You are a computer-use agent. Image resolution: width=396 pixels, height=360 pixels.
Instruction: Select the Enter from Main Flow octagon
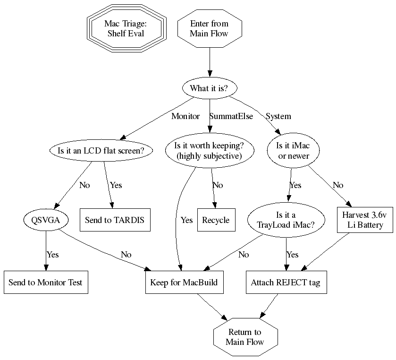(209, 28)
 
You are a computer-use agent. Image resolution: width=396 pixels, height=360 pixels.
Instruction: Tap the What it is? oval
(209, 88)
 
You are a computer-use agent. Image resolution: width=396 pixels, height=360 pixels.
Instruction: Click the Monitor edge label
(185, 116)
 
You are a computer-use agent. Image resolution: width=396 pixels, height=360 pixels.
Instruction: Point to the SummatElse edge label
(231, 116)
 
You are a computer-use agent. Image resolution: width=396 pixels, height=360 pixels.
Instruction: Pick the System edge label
(278, 116)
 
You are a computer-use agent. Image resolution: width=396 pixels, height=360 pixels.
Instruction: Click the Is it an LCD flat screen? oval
(103, 151)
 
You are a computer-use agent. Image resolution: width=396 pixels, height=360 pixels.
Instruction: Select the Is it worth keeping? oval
(209, 151)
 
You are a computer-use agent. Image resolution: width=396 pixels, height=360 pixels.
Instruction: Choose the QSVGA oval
(46, 220)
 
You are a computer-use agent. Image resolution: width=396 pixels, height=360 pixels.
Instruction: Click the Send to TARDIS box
(115, 220)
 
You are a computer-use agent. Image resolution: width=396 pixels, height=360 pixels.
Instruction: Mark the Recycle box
(216, 220)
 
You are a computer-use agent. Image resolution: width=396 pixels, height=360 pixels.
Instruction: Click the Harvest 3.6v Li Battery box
(365, 220)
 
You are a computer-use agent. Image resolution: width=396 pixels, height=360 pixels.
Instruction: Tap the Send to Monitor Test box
(46, 282)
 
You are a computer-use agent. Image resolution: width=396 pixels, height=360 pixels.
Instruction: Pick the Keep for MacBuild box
(184, 282)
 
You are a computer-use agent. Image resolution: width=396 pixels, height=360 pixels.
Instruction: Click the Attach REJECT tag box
(286, 282)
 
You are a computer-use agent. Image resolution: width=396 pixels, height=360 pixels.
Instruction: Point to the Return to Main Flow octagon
(245, 336)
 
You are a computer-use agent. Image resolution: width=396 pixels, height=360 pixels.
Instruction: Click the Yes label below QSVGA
(52, 255)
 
